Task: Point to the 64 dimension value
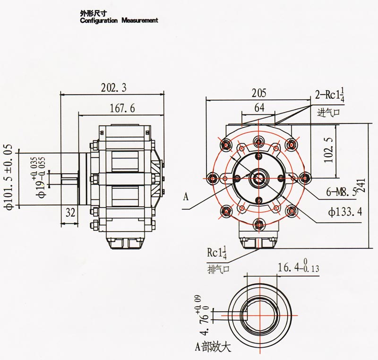259,107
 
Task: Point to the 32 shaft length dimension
70,212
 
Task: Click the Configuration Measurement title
119,21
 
